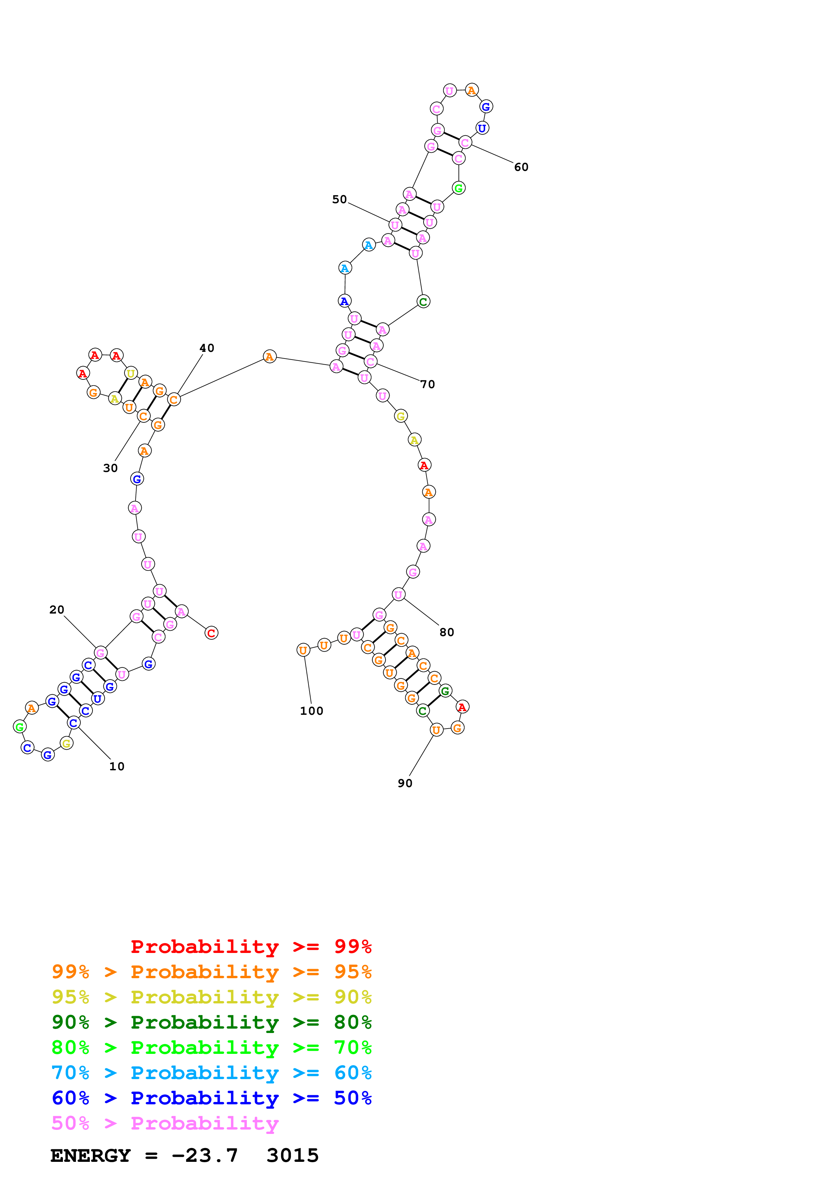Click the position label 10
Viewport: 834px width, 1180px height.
pyautogui.click(x=117, y=766)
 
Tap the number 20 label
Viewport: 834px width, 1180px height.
pyautogui.click(x=57, y=610)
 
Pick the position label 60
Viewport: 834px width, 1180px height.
pyautogui.click(x=521, y=167)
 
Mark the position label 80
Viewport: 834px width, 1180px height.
pyautogui.click(x=446, y=632)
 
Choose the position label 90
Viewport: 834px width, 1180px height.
pyautogui.click(x=405, y=783)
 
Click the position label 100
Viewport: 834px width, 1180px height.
pyautogui.click(x=312, y=711)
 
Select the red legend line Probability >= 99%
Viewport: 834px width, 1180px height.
pyautogui.click(x=251, y=946)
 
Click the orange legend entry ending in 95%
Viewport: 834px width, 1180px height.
pyautogui.click(x=211, y=972)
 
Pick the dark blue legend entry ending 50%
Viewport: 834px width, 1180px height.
pyautogui.click(x=211, y=1098)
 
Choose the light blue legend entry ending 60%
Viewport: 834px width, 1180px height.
pyautogui.click(x=211, y=1073)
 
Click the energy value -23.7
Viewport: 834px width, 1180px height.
pyautogui.click(x=205, y=1155)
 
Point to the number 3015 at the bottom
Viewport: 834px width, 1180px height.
pyautogui.click(x=292, y=1155)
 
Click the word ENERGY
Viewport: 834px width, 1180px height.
pyautogui.click(x=90, y=1155)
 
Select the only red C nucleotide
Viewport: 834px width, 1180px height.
pyautogui.click(x=211, y=633)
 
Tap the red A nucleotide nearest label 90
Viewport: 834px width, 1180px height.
pyautogui.click(x=462, y=707)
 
